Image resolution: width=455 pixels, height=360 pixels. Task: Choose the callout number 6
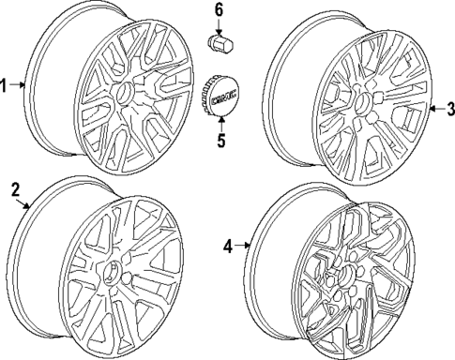[x=220, y=9]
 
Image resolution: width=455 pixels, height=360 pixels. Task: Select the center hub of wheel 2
[x=111, y=277]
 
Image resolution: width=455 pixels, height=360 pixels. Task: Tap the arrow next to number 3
[x=435, y=111]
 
